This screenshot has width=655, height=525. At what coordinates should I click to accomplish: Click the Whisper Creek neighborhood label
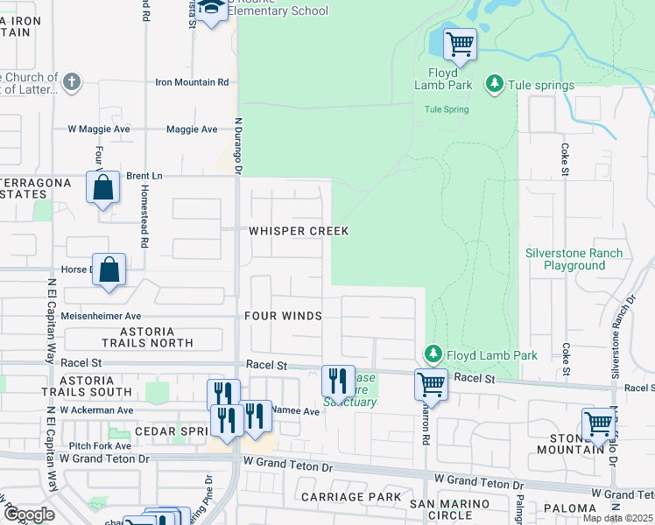[x=298, y=231]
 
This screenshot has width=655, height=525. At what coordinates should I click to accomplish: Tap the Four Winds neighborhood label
[x=283, y=316]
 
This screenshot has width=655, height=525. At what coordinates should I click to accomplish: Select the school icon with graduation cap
[x=210, y=10]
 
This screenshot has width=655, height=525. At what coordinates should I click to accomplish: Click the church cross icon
[x=72, y=83]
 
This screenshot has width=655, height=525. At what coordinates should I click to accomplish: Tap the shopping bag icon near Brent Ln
[x=102, y=187]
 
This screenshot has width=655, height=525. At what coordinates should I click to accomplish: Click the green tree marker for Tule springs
[x=495, y=84]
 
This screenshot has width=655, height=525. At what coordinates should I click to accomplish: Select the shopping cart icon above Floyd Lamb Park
[x=459, y=42]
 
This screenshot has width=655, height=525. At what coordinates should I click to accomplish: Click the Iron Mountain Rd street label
[x=192, y=82]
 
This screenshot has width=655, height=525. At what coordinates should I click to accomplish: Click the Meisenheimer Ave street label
[x=101, y=316]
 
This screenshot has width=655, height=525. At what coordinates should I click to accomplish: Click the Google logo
[x=28, y=514]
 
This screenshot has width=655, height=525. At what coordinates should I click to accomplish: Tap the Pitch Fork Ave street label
[x=74, y=445]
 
